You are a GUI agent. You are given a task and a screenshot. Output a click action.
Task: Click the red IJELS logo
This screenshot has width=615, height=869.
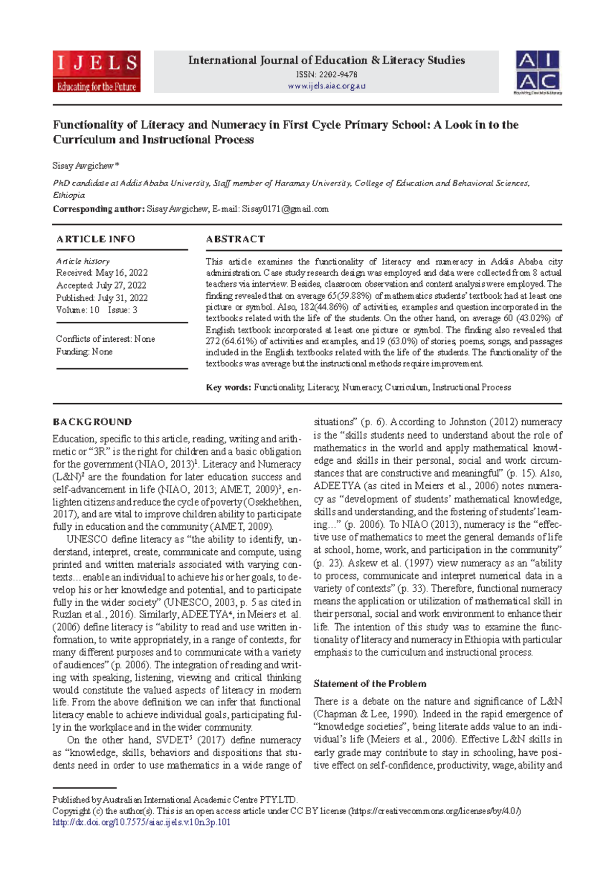(x=96, y=72)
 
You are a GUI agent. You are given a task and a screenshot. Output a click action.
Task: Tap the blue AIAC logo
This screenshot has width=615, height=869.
(x=537, y=72)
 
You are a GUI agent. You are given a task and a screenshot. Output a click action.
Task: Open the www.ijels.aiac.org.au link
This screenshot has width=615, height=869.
(x=326, y=86)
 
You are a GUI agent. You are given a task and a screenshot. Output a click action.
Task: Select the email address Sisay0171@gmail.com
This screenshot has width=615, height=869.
(x=285, y=209)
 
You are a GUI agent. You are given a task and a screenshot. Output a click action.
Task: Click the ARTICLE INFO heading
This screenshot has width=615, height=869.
(x=96, y=239)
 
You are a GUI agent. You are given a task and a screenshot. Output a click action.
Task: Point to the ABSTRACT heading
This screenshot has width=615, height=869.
(x=235, y=239)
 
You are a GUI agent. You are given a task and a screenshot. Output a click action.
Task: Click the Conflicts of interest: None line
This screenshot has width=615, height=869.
(x=105, y=339)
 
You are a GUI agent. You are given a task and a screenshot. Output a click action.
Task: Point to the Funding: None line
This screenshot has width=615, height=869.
(x=84, y=351)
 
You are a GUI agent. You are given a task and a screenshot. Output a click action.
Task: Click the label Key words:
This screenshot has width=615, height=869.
(x=228, y=387)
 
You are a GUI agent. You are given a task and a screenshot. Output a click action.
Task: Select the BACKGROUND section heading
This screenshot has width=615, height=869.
(x=92, y=422)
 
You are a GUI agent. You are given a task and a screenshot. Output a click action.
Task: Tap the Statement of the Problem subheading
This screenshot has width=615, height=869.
(x=370, y=684)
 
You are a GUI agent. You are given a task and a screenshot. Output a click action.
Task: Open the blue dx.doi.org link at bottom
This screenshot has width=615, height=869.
(x=141, y=822)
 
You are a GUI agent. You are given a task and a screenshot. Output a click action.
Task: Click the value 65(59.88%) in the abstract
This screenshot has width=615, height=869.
(x=346, y=296)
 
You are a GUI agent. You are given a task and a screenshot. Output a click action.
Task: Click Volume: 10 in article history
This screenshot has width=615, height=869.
(x=77, y=310)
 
